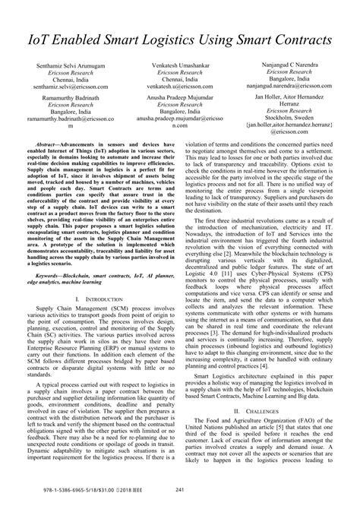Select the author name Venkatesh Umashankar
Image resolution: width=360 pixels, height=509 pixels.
pos(180,68)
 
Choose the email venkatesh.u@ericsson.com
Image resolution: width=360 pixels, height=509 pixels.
pos(180,87)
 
